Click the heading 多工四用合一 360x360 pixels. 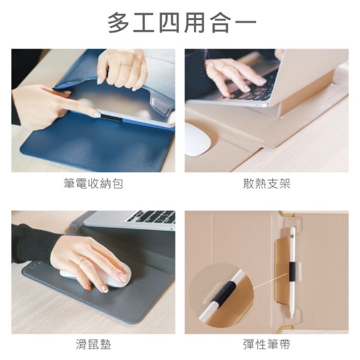pyautogui.click(x=182, y=23)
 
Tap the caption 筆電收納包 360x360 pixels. pyautogui.click(x=94, y=184)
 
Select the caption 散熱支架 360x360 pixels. pyautogui.click(x=267, y=184)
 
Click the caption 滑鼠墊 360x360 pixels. pyautogui.click(x=94, y=345)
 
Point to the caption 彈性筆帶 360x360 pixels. pyautogui.click(x=267, y=345)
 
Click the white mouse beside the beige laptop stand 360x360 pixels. pyautogui.click(x=197, y=139)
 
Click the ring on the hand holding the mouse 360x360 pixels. pyautogui.click(x=81, y=262)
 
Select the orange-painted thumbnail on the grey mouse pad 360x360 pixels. pyautogui.click(x=88, y=286)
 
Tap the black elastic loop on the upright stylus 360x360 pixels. pyautogui.click(x=292, y=272)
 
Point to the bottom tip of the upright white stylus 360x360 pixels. pyautogui.click(x=292, y=317)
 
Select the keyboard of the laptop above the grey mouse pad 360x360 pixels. pyautogui.click(x=152, y=217)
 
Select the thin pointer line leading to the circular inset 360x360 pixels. pyautogui.click(x=270, y=281)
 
